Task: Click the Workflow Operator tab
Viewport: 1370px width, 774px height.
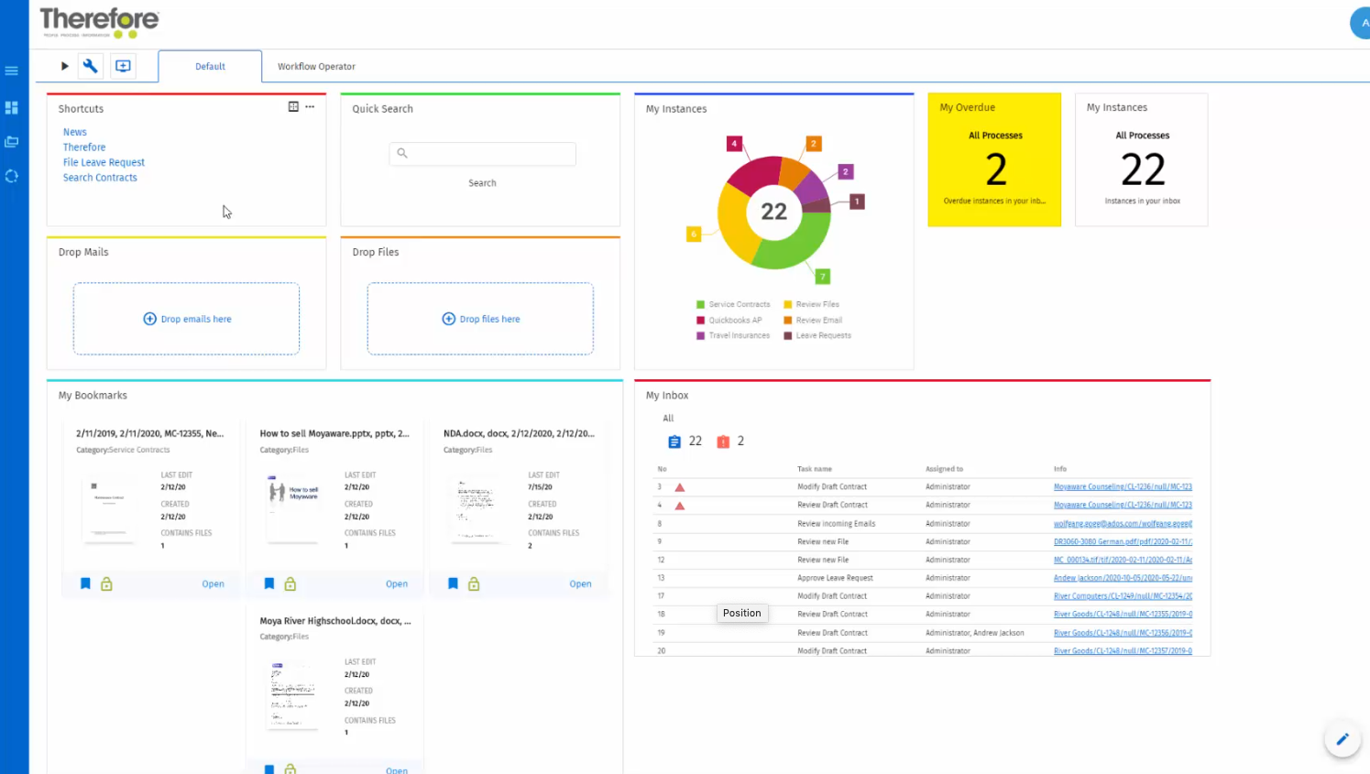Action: click(316, 67)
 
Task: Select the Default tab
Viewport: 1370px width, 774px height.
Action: click(210, 67)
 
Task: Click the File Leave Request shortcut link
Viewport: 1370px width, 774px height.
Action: click(104, 162)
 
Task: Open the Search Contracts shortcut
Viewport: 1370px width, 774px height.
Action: click(100, 178)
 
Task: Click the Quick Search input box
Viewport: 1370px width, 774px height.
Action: click(483, 154)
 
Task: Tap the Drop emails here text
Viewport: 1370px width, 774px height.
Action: click(196, 319)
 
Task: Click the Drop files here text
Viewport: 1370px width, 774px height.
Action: click(489, 319)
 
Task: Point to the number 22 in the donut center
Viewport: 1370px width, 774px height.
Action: click(773, 212)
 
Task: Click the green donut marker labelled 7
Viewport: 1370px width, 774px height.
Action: click(823, 277)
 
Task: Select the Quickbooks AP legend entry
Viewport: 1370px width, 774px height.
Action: click(735, 321)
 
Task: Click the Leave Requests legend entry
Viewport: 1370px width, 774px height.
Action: click(823, 335)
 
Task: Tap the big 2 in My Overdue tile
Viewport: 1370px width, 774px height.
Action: click(995, 169)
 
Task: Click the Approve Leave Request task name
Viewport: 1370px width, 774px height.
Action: click(835, 578)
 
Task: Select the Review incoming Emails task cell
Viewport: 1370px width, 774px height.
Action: click(836, 524)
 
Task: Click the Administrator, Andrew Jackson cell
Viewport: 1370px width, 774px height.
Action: click(974, 633)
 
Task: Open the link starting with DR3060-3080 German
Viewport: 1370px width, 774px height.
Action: click(1122, 542)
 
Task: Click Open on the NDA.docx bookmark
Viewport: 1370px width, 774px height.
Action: click(580, 583)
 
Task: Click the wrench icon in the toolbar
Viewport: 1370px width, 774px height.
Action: click(90, 66)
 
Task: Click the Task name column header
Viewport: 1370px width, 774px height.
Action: click(815, 469)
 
